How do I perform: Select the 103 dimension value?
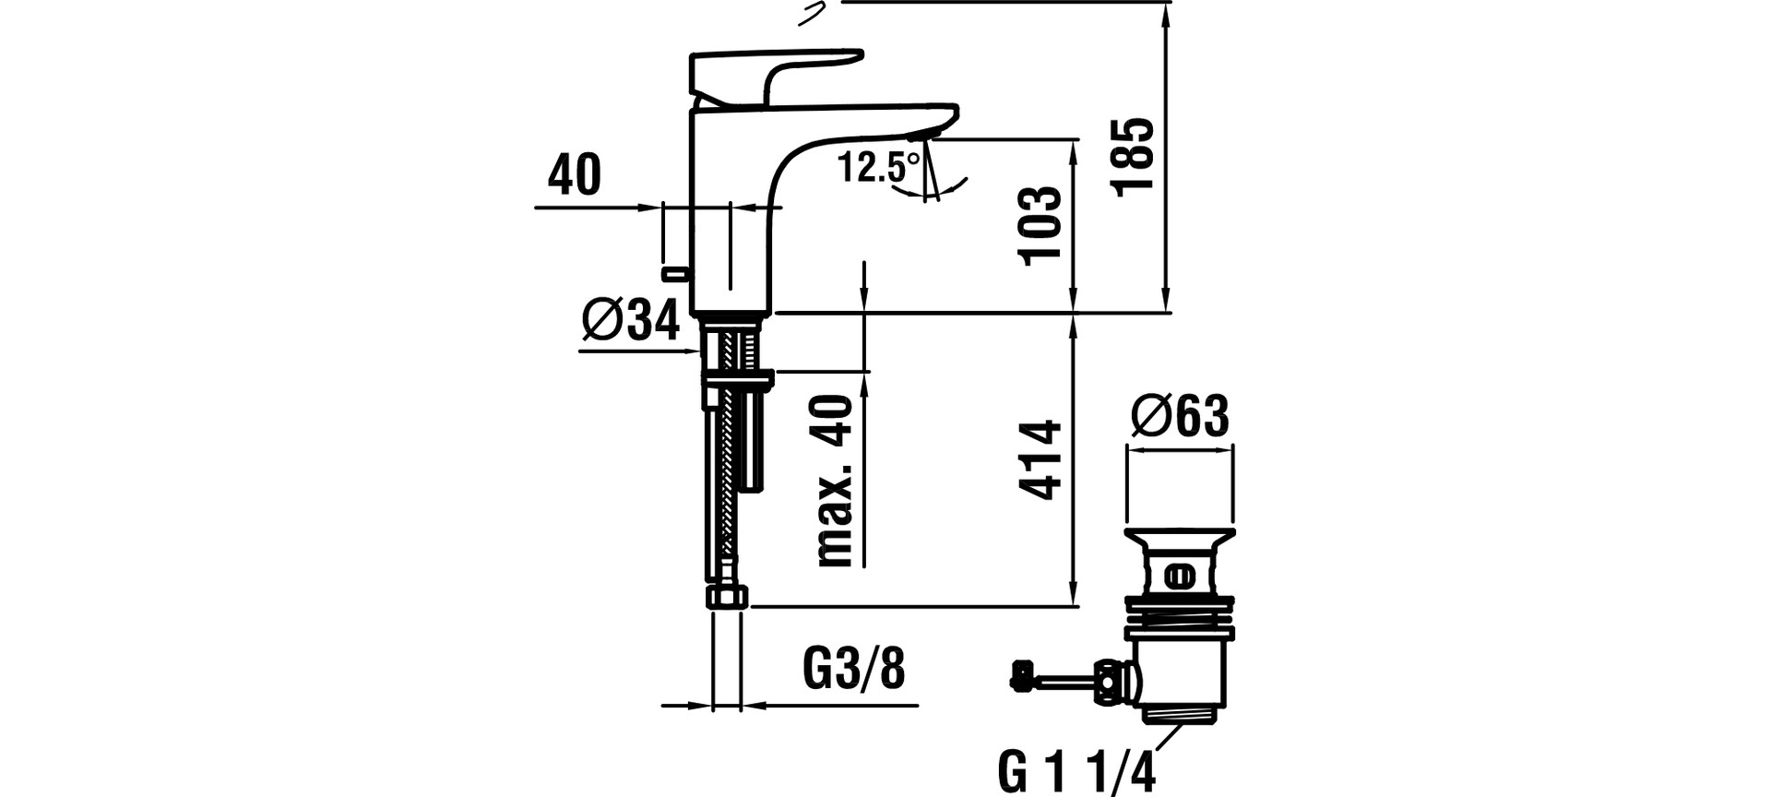[x=1041, y=226]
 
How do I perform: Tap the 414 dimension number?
[x=1041, y=460]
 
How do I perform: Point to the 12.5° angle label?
[x=878, y=167]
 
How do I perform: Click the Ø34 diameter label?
[x=631, y=321]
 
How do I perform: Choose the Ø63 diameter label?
[x=1180, y=416]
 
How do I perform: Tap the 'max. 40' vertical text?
[x=835, y=481]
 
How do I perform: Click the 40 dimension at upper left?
[x=575, y=174]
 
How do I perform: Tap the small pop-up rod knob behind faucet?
[x=675, y=273]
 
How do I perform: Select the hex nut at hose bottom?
[x=728, y=596]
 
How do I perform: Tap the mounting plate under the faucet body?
[x=739, y=378]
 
